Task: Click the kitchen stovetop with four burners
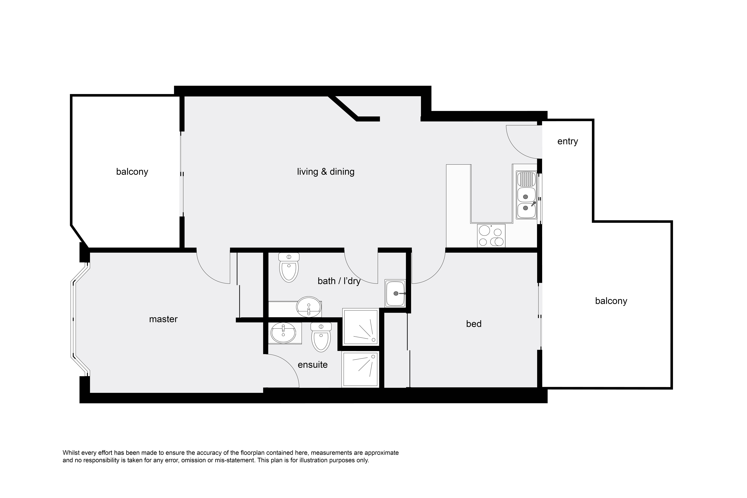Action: [x=491, y=236]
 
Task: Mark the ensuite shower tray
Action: [x=361, y=369]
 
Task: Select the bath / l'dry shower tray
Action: [x=361, y=326]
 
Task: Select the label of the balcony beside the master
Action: [x=132, y=172]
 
